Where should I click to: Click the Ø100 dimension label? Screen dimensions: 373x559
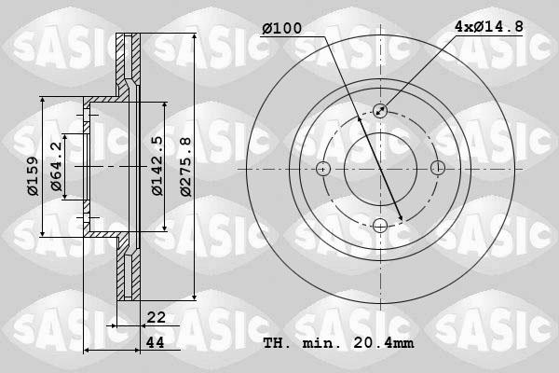coord(281,29)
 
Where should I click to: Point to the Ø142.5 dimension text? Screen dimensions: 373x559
coord(157,166)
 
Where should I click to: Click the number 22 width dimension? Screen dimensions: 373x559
coord(157,318)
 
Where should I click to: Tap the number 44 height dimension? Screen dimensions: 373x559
coord(157,343)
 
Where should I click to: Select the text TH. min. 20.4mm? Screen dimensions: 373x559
coord(338,343)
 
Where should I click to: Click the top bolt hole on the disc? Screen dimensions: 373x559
coord(380,111)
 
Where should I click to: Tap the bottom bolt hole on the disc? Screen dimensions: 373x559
coord(380,226)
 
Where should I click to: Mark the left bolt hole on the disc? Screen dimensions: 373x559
coord(323,169)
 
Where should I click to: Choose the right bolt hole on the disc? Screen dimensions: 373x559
coord(437,169)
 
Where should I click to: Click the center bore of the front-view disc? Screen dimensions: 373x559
coord(380,169)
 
